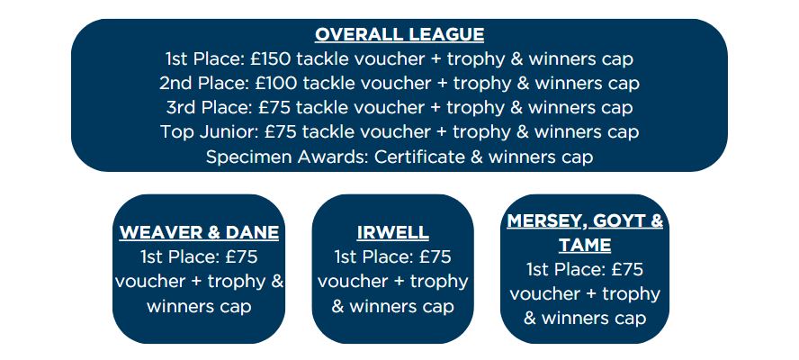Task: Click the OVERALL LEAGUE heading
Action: click(399, 34)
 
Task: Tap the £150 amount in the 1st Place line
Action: click(271, 58)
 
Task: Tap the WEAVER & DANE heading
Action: click(199, 232)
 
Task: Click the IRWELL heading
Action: click(392, 232)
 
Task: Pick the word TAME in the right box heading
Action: click(585, 245)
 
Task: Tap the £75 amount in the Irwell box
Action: click(435, 256)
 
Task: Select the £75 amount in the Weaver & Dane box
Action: click(241, 256)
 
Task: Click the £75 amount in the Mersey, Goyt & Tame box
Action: click(627, 269)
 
